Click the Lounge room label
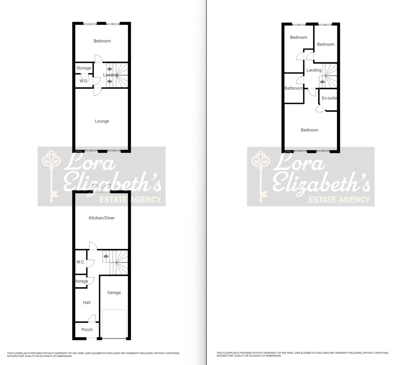(x=102, y=121)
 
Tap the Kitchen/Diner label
(x=102, y=218)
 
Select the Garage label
(x=114, y=292)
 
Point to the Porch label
(x=87, y=330)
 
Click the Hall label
(x=87, y=302)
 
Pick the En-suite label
(x=329, y=98)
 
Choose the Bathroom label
(x=294, y=88)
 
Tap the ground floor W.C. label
(x=81, y=262)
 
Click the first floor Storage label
(x=84, y=68)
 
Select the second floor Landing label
(x=314, y=70)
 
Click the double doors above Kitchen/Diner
(x=102, y=188)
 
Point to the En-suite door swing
(x=320, y=108)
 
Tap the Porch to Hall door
(x=92, y=318)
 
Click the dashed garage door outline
(x=114, y=323)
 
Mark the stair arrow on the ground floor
(x=106, y=256)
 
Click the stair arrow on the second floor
(x=323, y=82)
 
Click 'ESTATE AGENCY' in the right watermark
(x=339, y=200)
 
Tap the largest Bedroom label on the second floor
(x=310, y=130)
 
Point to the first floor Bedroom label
(x=102, y=41)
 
